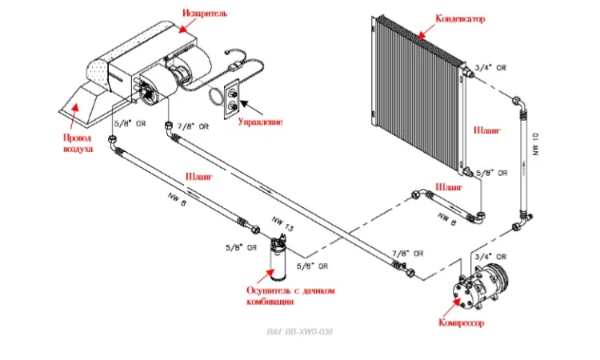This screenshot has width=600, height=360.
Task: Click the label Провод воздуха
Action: click(78, 142)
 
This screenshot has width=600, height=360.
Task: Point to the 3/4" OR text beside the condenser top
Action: click(490, 68)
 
